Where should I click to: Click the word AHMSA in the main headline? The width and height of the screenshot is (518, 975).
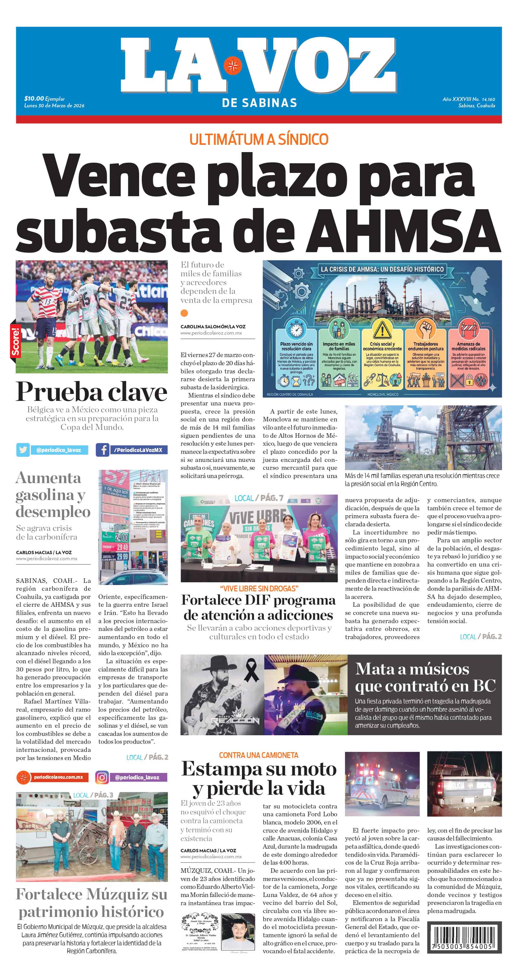pyautogui.click(x=406, y=231)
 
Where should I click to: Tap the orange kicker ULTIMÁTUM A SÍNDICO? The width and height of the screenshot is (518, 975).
pyautogui.click(x=259, y=139)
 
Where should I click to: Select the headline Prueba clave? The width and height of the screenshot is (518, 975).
pyautogui.click(x=91, y=392)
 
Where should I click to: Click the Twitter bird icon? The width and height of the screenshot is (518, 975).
pyautogui.click(x=23, y=450)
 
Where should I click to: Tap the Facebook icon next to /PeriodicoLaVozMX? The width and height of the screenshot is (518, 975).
pyautogui.click(x=103, y=450)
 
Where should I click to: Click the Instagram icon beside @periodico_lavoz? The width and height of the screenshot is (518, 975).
pyautogui.click(x=102, y=777)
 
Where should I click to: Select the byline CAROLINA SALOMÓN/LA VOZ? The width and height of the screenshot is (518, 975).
pyautogui.click(x=213, y=326)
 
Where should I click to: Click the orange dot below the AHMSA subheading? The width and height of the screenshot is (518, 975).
pyautogui.click(x=184, y=313)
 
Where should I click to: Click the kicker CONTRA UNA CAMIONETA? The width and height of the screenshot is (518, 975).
pyautogui.click(x=259, y=756)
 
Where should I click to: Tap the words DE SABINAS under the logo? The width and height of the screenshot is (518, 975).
pyautogui.click(x=259, y=103)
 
